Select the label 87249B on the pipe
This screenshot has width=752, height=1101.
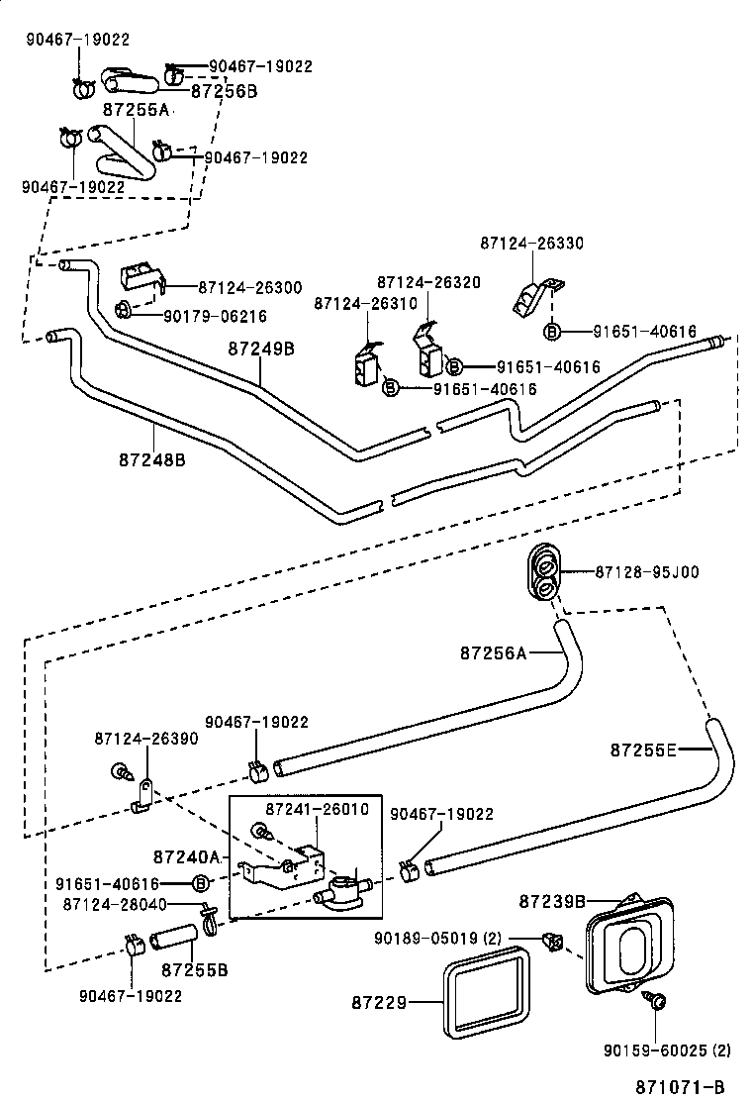click(x=261, y=349)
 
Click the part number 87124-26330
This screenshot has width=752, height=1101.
click(x=531, y=243)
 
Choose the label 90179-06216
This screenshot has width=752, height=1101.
click(x=215, y=316)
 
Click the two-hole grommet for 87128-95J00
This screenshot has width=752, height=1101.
click(x=542, y=572)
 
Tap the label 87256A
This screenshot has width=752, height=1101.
click(x=495, y=652)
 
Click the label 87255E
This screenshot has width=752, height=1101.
click(x=643, y=750)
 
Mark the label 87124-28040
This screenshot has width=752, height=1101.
click(x=113, y=904)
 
